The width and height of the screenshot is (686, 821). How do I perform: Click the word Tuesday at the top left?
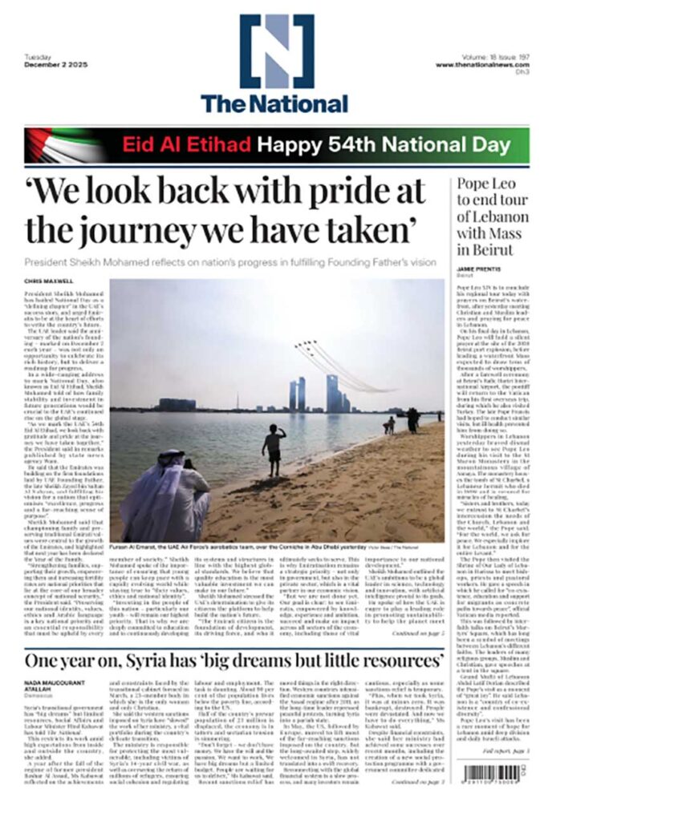[38, 58]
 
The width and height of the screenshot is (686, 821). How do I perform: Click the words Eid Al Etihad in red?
[186, 145]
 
